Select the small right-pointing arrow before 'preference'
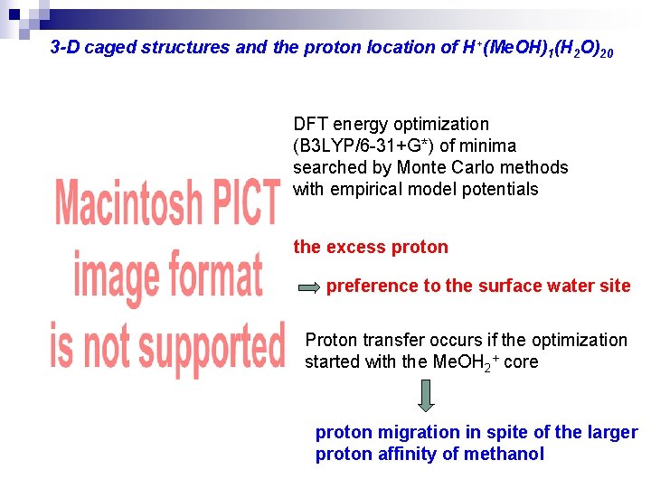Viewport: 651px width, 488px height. [309, 287]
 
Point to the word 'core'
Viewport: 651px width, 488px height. [521, 361]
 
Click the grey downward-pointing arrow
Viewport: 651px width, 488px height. [426, 395]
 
